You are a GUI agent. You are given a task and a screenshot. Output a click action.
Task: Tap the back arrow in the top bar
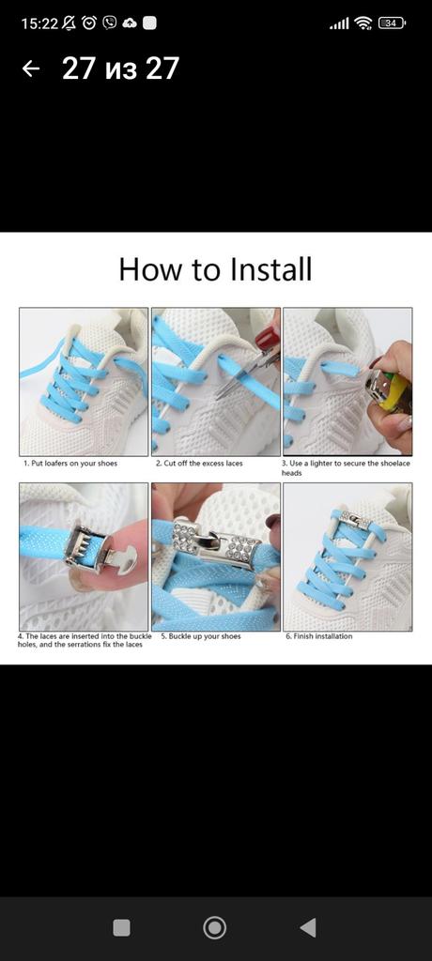[31, 68]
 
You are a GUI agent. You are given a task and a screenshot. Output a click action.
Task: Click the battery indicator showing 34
[393, 23]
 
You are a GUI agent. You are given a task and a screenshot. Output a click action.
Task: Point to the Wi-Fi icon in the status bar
[363, 23]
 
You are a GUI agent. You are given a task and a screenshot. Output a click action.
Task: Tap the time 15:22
[39, 23]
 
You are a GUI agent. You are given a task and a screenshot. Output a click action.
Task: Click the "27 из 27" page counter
[120, 68]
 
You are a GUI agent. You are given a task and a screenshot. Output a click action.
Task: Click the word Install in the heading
[270, 269]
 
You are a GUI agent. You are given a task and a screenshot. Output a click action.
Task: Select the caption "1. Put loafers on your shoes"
[69, 464]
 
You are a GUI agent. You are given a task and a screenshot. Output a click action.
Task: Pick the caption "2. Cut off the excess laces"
[199, 464]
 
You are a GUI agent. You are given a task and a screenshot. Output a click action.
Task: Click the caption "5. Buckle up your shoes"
[201, 636]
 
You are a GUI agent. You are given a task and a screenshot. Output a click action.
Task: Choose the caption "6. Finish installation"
[319, 636]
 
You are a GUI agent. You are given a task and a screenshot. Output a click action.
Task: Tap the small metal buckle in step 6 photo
[355, 522]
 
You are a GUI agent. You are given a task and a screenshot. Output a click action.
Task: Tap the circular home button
[214, 927]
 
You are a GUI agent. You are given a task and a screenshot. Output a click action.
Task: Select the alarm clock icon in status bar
[89, 23]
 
